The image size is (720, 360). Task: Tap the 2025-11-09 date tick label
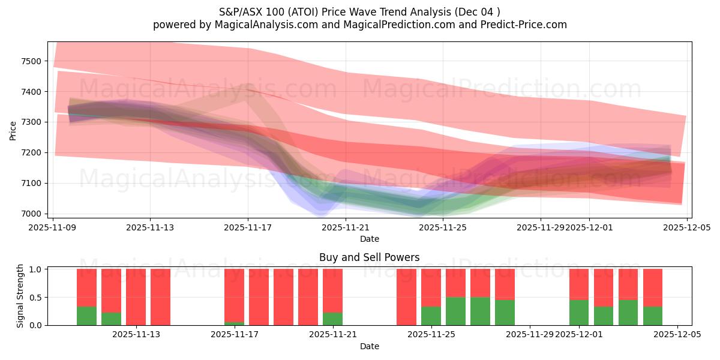[x=53, y=227]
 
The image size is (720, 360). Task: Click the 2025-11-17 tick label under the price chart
[x=248, y=227]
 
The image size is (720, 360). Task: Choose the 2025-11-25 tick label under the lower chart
[x=431, y=334]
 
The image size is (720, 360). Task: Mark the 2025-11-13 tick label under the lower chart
[x=136, y=334]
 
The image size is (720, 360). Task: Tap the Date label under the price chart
[x=370, y=239]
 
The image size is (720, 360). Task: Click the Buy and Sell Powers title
[x=370, y=257]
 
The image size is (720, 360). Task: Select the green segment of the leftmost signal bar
[x=86, y=316]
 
